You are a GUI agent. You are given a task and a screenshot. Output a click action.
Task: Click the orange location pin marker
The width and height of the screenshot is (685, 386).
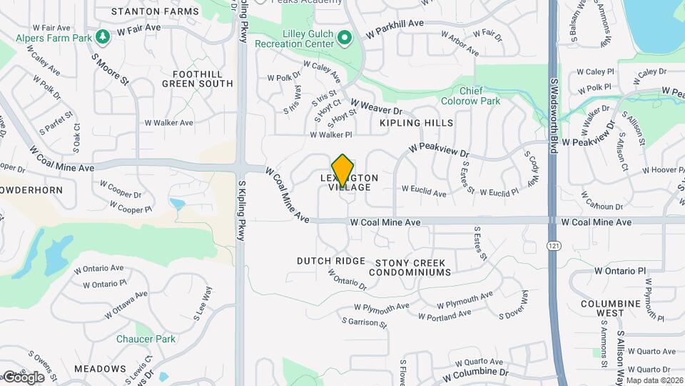[342, 169]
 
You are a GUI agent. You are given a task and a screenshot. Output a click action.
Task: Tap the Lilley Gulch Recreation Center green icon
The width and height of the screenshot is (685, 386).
[345, 37]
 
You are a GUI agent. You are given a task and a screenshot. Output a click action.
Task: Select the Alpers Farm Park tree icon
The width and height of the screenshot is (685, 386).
[103, 34]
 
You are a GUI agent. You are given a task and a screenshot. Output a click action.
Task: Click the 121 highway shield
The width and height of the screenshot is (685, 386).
[553, 245]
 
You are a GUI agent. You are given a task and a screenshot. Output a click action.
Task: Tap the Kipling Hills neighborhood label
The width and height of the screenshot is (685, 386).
[416, 123]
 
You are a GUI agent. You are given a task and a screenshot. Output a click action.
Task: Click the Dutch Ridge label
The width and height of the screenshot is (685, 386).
[331, 261]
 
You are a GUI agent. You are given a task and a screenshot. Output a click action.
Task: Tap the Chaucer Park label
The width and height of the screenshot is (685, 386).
[146, 338]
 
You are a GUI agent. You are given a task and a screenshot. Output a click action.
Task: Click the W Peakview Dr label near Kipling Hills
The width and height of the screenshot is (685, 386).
[439, 150]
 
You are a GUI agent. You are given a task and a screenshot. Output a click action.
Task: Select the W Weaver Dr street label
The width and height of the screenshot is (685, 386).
[376, 108]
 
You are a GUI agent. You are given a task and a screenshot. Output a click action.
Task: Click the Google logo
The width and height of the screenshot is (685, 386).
[23, 377]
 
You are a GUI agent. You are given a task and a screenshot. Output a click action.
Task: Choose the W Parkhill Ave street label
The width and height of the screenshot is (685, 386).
[395, 29]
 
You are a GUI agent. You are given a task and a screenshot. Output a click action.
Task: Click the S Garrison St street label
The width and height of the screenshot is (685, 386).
[364, 324]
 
